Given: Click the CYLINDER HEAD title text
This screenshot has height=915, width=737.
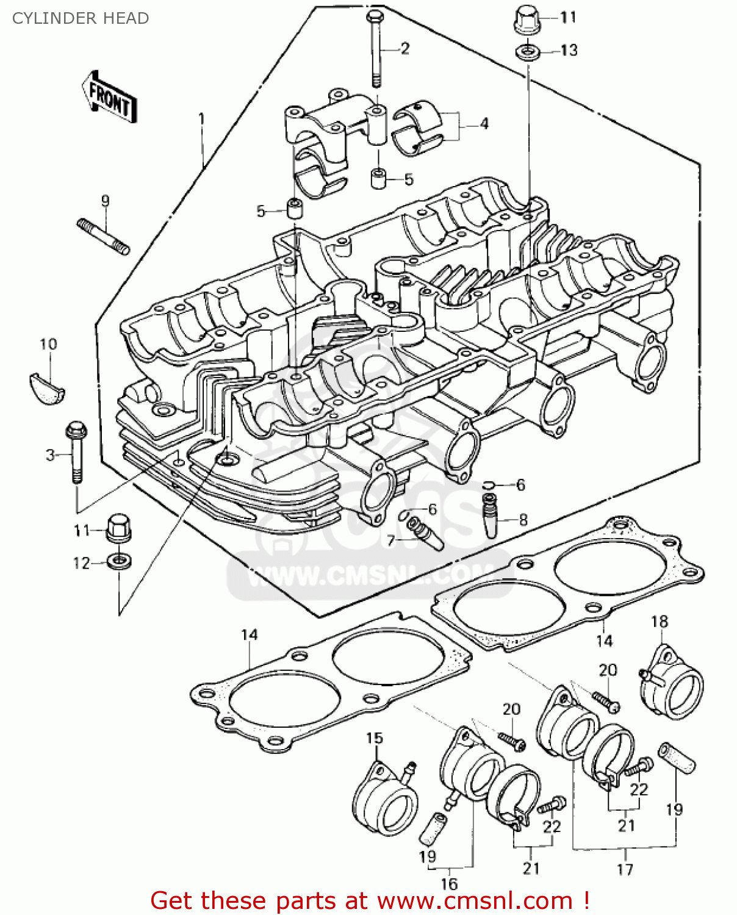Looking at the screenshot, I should tap(81, 18).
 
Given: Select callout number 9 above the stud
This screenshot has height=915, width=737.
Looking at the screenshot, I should tap(105, 201).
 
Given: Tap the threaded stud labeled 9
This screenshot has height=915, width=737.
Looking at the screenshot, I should tap(103, 237).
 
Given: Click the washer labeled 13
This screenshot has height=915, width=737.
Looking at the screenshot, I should tap(528, 52).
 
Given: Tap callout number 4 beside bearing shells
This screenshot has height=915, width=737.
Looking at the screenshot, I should tap(484, 124).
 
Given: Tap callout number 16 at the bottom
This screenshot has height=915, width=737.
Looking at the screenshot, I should tap(449, 884).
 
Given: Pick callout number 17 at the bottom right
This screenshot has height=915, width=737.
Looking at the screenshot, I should tap(625, 869).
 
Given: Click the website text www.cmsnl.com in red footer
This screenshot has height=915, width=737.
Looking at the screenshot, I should tap(475, 901).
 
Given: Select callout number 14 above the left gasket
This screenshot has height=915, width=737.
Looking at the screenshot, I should tap(250, 635).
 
